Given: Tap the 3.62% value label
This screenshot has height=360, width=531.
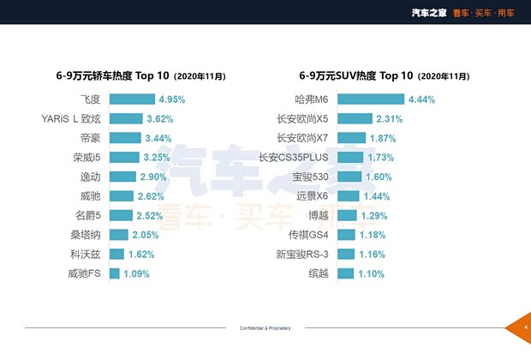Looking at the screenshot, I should click(x=160, y=119).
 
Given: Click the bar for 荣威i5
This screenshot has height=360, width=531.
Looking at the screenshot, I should click(x=123, y=158).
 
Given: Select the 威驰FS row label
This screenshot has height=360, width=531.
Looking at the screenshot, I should click(x=84, y=273).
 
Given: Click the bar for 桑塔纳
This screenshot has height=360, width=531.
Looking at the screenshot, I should click(x=118, y=235).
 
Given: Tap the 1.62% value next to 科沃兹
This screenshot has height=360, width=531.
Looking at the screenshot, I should click(x=141, y=255).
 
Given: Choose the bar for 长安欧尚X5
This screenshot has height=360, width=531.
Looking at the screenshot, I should click(x=354, y=119).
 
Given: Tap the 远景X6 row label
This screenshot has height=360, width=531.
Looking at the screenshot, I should click(x=312, y=196).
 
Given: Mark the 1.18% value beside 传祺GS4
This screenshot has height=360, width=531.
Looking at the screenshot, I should click(x=372, y=235).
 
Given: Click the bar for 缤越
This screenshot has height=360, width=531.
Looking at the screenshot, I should click(x=345, y=273).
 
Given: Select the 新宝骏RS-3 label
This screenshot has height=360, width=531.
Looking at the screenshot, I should click(x=302, y=255).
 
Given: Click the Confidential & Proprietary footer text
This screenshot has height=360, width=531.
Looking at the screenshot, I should click(x=265, y=328).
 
